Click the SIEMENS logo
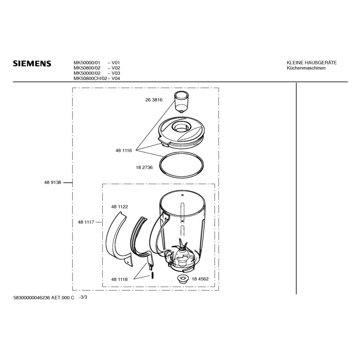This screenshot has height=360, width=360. tap(32, 63)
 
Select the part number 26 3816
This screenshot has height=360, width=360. tap(154, 100)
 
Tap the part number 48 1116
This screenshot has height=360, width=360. tap(123, 150)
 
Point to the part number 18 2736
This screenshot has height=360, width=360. tap(144, 168)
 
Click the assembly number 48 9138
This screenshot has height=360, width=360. tap(53, 182)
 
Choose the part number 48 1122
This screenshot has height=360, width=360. tap(120, 207)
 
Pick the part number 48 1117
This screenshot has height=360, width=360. tap(86, 222)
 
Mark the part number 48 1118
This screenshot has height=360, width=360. tap(120, 279)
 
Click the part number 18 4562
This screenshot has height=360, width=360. tap(200, 279)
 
